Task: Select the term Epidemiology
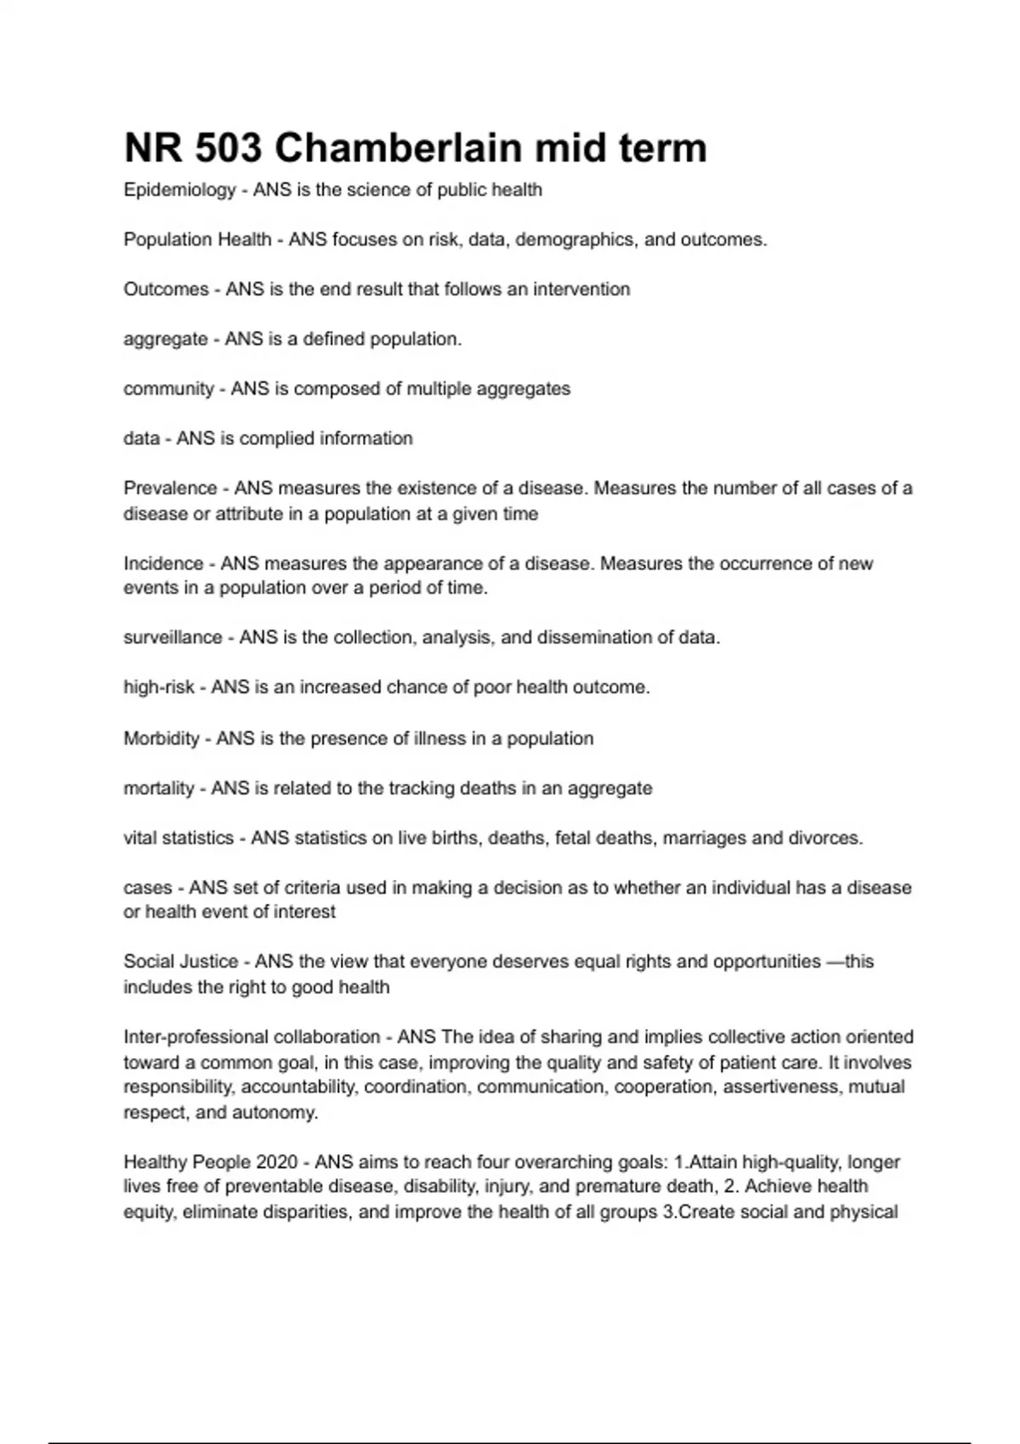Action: tap(179, 190)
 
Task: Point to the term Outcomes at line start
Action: tap(166, 290)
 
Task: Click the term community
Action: tap(168, 389)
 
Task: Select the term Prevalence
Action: tap(170, 488)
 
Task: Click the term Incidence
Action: tap(163, 563)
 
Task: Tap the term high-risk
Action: tap(159, 687)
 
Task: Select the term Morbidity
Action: tap(161, 738)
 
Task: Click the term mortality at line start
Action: tap(159, 788)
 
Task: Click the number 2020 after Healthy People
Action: tap(275, 1162)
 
